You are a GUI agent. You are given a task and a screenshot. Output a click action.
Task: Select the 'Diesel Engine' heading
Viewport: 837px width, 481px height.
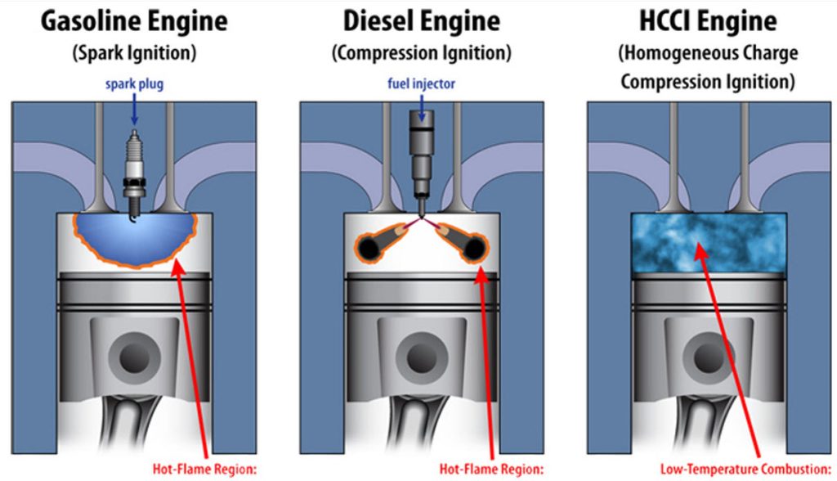pos(421,20)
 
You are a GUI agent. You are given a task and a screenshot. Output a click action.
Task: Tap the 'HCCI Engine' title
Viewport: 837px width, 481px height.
pos(708,20)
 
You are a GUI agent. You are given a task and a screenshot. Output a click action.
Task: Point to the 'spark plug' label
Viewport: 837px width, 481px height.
pos(134,85)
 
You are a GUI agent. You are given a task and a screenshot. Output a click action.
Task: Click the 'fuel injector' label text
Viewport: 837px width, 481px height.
pos(422,83)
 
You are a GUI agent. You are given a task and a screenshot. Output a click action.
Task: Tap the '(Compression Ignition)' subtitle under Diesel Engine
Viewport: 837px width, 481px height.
pos(421,53)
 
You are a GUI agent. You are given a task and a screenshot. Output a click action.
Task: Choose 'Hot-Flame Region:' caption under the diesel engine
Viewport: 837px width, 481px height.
pos(490,470)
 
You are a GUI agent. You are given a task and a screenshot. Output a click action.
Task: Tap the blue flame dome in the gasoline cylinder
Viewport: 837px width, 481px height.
pos(135,237)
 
